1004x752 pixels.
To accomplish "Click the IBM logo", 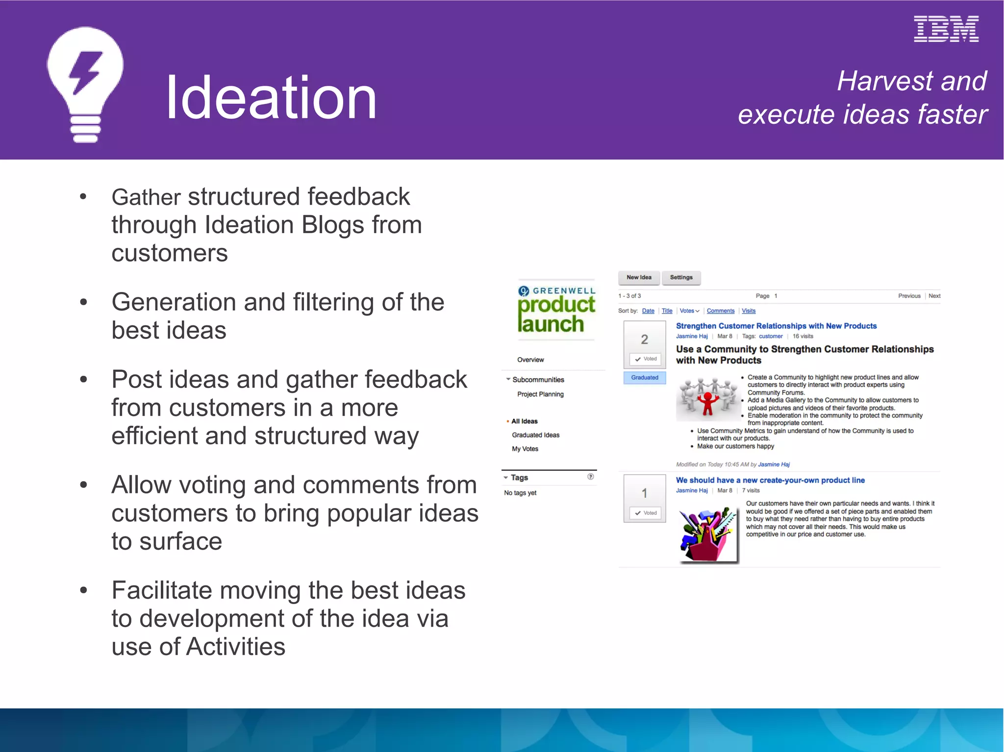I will tap(946, 29).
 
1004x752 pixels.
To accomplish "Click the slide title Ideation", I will tap(271, 97).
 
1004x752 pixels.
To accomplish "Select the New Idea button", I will tap(639, 277).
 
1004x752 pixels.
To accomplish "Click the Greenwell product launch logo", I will tap(556, 310).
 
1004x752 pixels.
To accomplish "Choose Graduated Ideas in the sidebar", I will tap(535, 435).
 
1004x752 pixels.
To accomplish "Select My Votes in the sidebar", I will tap(525, 449).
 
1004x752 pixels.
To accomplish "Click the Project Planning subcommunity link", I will tap(540, 394).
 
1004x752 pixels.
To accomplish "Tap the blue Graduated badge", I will tap(645, 378).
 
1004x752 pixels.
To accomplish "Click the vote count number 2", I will tap(644, 339).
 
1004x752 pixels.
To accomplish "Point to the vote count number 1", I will tap(644, 493).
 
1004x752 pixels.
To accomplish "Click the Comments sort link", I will tap(720, 311).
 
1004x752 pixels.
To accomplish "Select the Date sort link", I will tap(648, 311).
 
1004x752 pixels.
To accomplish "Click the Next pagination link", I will tap(934, 296).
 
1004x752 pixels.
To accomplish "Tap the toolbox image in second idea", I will tap(708, 535).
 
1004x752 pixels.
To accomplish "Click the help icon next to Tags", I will tap(591, 477).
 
